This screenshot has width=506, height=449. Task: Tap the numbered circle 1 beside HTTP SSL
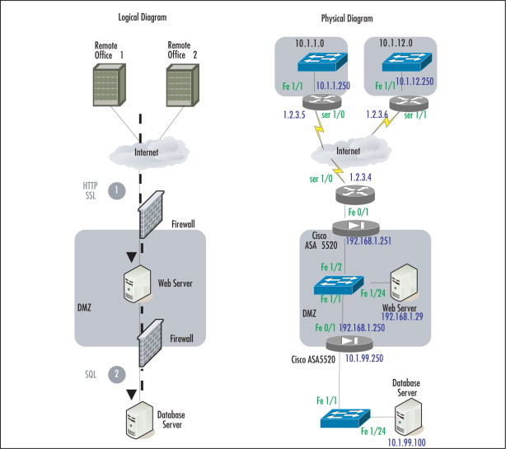[x=118, y=190]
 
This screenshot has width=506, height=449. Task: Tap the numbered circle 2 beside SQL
[x=118, y=374]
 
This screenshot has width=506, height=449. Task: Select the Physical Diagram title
[x=347, y=18]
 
